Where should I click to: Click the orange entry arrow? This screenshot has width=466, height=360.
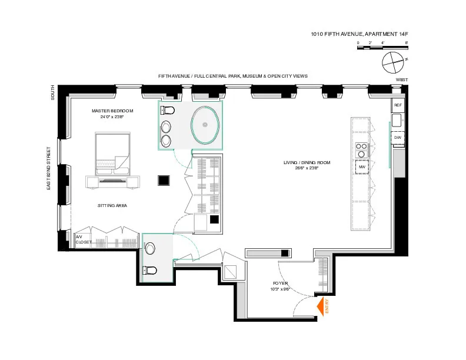321,306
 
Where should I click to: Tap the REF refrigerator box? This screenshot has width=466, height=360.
398,105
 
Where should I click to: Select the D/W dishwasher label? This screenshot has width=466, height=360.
398,138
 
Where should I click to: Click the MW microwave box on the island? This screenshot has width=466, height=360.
362,167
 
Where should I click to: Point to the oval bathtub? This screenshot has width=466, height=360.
205,124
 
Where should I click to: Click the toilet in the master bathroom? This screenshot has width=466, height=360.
168,110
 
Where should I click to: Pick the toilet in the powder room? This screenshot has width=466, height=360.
149,271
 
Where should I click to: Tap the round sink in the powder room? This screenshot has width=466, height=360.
150,248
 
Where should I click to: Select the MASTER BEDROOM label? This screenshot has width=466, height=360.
112,111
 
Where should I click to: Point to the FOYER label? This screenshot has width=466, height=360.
280,284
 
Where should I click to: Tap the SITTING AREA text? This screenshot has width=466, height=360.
112,205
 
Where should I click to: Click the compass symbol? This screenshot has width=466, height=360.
392,61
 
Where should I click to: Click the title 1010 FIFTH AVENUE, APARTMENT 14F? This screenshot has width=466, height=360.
359,35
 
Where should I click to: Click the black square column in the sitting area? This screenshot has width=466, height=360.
162,181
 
